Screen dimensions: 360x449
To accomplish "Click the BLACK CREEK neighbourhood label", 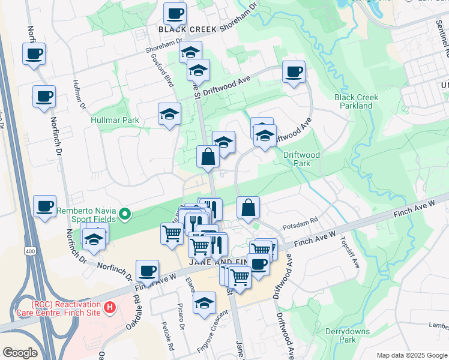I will tap(187, 29).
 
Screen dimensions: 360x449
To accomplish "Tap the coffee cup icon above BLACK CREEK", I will tap(175, 13).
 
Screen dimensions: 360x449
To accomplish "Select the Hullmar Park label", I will tap(115, 120).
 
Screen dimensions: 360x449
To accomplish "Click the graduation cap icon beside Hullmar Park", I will tap(169, 114).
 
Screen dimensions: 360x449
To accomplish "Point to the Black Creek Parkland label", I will tap(354, 101).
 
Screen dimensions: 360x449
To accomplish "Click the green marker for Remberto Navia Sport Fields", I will tap(125, 214).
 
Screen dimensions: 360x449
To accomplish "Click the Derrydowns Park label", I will tap(340, 335).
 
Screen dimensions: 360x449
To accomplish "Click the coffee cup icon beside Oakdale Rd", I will tap(147, 271).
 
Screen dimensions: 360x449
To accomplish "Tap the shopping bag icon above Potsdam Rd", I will tap(248, 208).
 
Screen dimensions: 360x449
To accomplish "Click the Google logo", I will tap(20, 353).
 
